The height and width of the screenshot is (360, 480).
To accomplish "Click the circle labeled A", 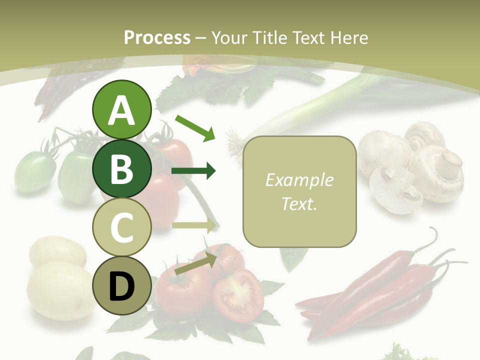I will coord(121,110).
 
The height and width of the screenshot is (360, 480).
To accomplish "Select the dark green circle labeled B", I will coord(121,168).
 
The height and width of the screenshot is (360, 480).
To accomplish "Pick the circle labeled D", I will coord(121,285).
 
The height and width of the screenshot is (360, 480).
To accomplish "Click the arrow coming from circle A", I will coord(195,127).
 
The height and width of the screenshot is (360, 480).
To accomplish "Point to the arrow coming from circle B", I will coord(194,171).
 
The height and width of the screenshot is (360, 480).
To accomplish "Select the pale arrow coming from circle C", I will coord(194,225).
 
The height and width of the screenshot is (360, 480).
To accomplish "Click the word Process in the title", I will coord(157,38).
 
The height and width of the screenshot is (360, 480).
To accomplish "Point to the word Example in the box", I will coord(299,180).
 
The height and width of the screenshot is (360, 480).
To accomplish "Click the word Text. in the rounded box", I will coord(299,203).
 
